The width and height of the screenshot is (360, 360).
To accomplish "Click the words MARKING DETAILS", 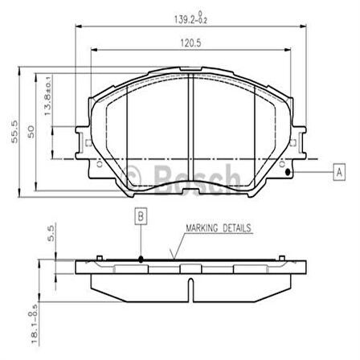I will click(218, 228).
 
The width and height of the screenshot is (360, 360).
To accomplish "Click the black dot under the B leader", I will click(140, 259).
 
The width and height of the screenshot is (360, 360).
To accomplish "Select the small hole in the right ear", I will click(287, 167).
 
